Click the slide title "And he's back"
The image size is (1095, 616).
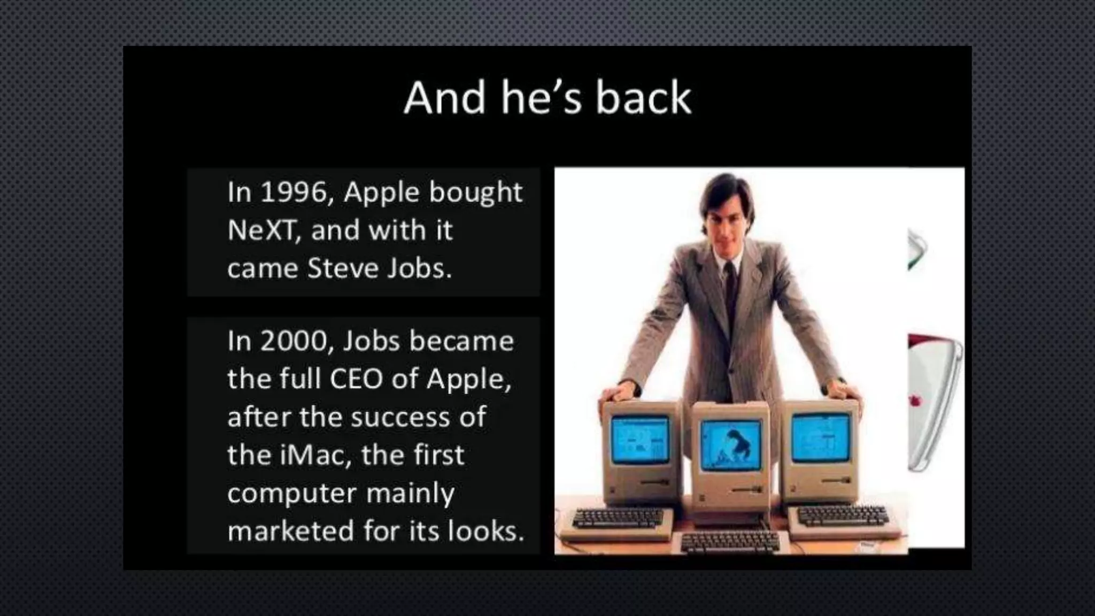click(x=547, y=98)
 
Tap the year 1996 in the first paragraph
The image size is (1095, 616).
click(x=296, y=192)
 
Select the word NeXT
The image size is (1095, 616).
click(x=261, y=230)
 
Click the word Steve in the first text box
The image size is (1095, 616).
click(x=343, y=268)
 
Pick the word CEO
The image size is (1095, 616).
click(x=356, y=379)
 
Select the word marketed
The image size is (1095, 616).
click(x=291, y=531)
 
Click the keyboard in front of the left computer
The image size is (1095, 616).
click(x=618, y=518)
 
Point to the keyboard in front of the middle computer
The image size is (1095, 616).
click(x=730, y=543)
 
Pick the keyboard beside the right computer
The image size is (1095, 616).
click(x=844, y=515)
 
